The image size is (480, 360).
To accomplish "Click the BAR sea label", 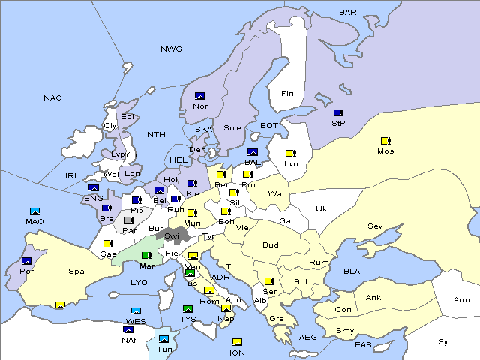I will point(348,13).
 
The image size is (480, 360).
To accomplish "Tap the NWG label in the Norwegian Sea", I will point(171,49).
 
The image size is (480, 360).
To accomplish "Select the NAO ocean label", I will point(53,98).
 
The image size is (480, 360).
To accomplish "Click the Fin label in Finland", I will point(287,94).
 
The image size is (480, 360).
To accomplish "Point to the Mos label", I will point(385,151).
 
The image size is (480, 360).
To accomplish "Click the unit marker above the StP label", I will point(338,112).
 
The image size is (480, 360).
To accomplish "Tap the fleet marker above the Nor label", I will point(200,96).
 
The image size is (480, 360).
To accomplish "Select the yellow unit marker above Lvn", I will point(290,154).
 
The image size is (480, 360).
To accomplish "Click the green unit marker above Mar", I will point(146,256).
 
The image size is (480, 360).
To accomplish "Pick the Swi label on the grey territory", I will point(172,236).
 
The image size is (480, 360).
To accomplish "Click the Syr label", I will point(445,341).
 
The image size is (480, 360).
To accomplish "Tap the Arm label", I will point(462,300).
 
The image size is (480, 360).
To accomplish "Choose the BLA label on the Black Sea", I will point(352,271).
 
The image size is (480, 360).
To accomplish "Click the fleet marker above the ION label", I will point(237,343).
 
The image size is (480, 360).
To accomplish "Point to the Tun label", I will point(164,349).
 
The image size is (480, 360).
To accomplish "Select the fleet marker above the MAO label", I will point(35,211).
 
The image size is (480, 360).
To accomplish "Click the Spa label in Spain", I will point(76,271).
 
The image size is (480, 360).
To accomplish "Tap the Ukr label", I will point(323,209).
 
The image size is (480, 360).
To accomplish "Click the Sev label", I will point(375,226).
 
